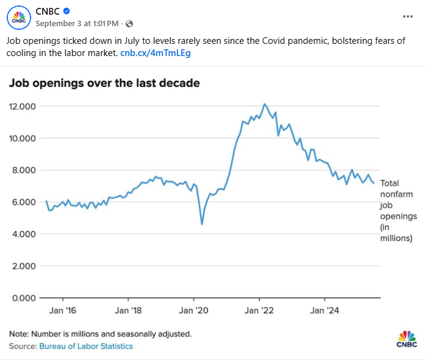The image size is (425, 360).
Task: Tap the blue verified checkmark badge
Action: pos(68,10)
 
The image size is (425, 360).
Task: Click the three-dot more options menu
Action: pos(408,16)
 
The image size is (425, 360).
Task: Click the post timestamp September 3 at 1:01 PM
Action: pos(77,23)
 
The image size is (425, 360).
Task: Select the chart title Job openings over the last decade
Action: pos(104,83)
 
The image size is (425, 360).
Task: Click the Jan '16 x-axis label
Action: pos(63,311)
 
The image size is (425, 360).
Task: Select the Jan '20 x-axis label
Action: pos(193,311)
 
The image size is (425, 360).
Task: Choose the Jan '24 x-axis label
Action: pos(324,311)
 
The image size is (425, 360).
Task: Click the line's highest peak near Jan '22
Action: pos(264,104)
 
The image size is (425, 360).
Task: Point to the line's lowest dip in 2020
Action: pos(201,224)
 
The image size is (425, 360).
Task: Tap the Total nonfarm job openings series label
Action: pos(398,210)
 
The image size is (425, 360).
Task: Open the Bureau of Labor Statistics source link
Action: pos(86,346)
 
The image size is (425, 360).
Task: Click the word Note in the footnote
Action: pos(18,334)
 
